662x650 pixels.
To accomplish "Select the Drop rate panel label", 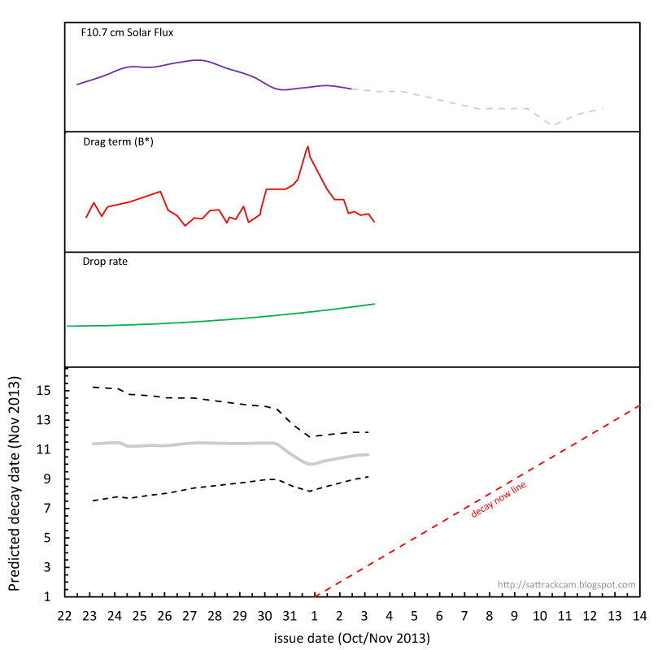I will coord(105,262).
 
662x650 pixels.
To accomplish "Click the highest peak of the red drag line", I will coord(307,146).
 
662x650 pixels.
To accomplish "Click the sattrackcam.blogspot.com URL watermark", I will coord(566,584).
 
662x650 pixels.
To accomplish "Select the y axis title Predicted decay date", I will coord(14,483).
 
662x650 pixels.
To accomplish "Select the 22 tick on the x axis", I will coord(65,615).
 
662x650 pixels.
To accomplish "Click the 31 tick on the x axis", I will coord(290,615).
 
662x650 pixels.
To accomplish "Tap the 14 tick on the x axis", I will coord(640,615).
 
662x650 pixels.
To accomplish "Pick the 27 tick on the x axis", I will coord(190,615).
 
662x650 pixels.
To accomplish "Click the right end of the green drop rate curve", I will coord(374,304).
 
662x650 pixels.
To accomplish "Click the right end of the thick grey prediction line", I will coord(368,454).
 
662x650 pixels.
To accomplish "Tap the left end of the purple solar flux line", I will coord(77,84).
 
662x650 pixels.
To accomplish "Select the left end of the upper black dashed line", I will coord(94,387).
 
